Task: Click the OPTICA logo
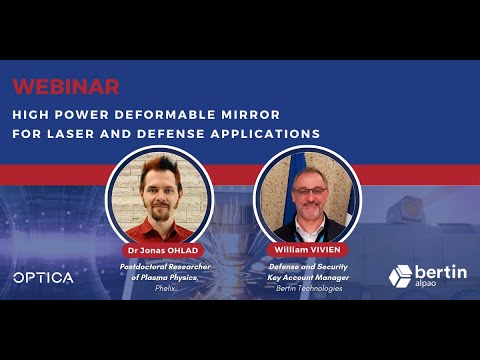coord(43,277)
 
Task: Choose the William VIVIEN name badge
coord(307,248)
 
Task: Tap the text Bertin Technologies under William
coord(307,287)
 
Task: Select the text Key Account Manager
coord(307,277)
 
